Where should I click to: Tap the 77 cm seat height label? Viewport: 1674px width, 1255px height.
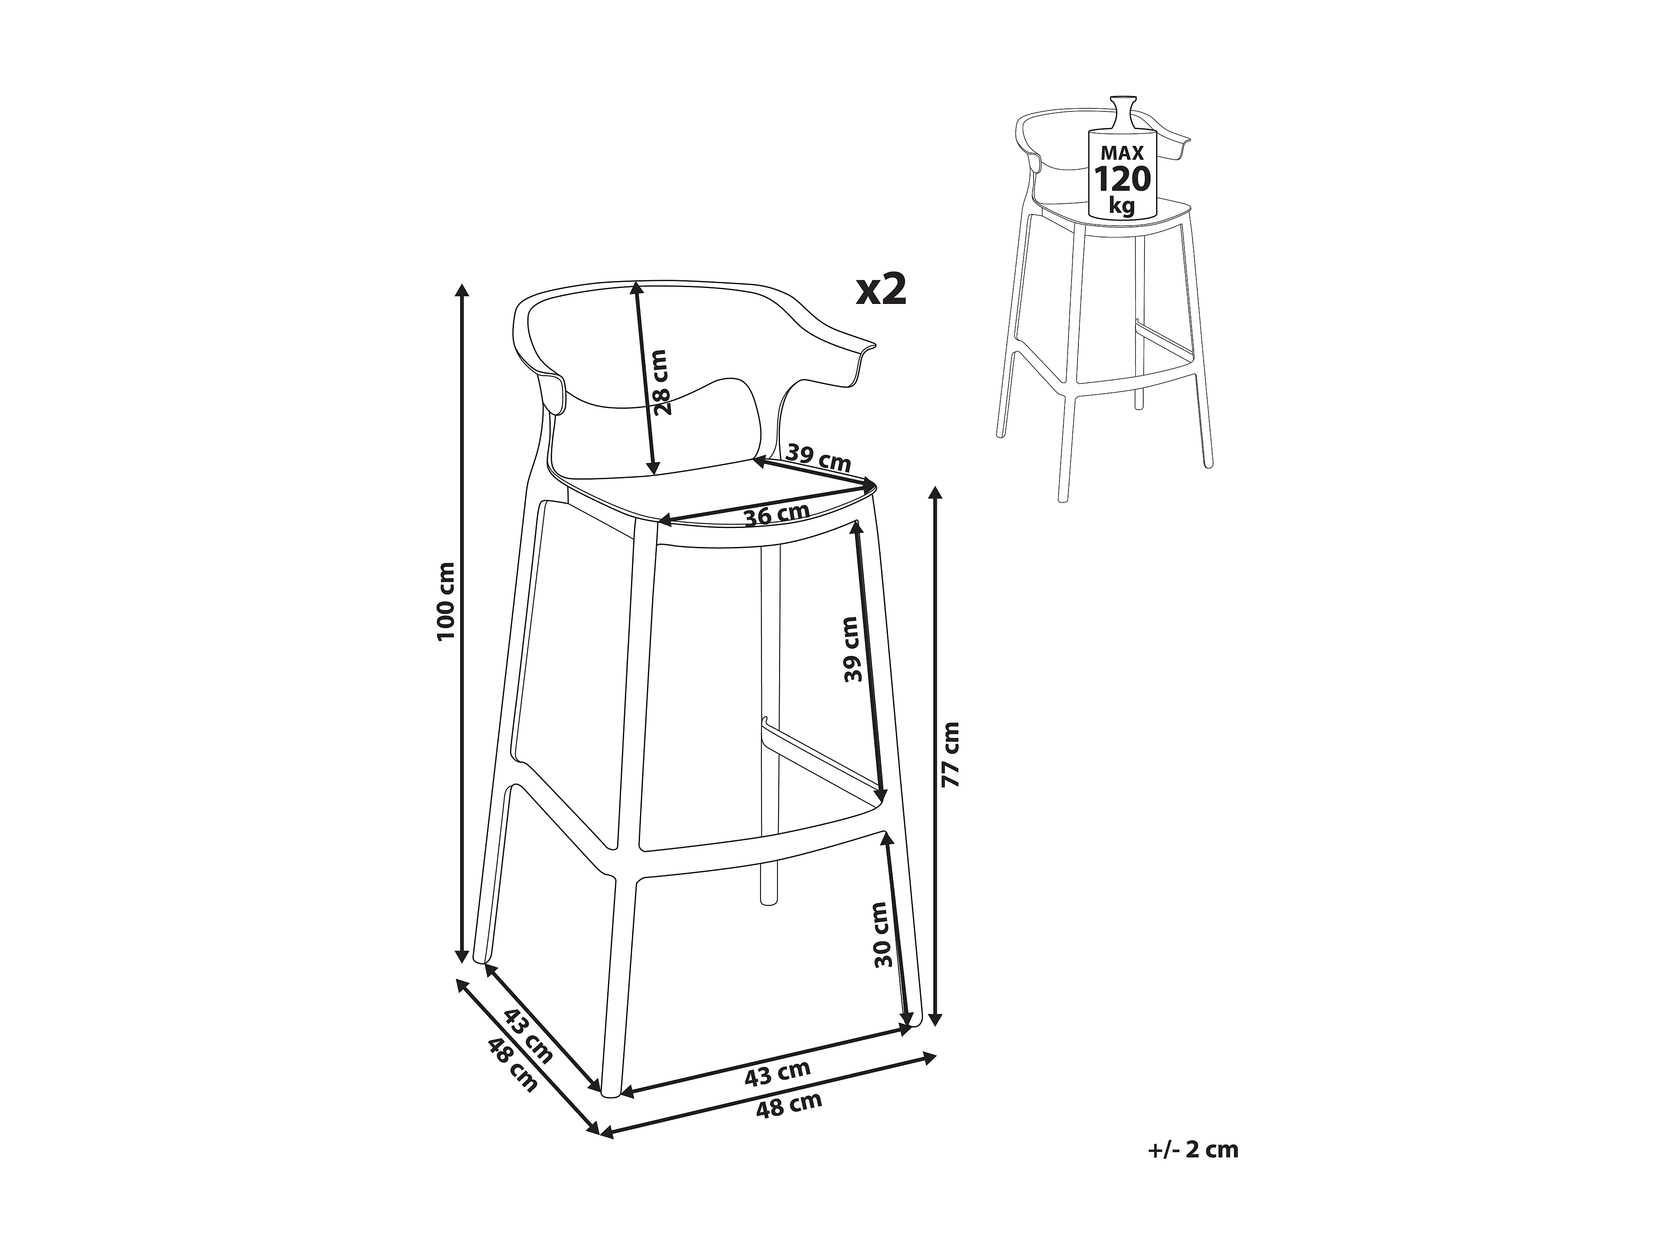(951, 754)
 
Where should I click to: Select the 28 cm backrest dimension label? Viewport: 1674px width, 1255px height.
(661, 383)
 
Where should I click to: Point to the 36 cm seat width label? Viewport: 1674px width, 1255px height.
(777, 515)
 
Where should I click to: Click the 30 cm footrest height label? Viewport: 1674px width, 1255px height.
(881, 934)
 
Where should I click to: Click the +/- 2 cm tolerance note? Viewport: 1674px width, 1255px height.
(1193, 1171)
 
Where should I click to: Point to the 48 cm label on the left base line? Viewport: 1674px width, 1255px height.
(512, 1065)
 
